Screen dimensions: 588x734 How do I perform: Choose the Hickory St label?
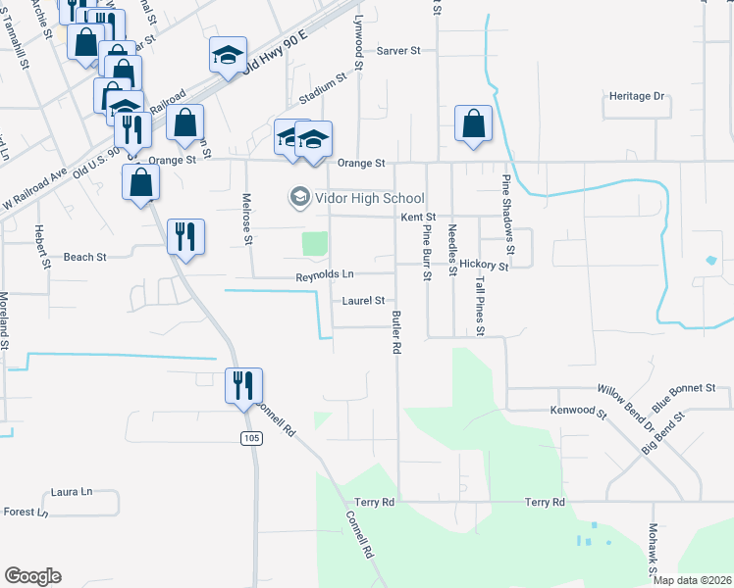[x=484, y=265]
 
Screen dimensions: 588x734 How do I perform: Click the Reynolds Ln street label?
[x=325, y=277]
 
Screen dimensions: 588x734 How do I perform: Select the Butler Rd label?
[x=397, y=332]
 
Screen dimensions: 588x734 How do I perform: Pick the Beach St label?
[x=84, y=257]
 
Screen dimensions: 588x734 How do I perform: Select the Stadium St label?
[x=324, y=90]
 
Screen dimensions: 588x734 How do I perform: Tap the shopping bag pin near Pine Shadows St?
[x=473, y=124]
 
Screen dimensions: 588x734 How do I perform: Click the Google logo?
[x=32, y=576]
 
